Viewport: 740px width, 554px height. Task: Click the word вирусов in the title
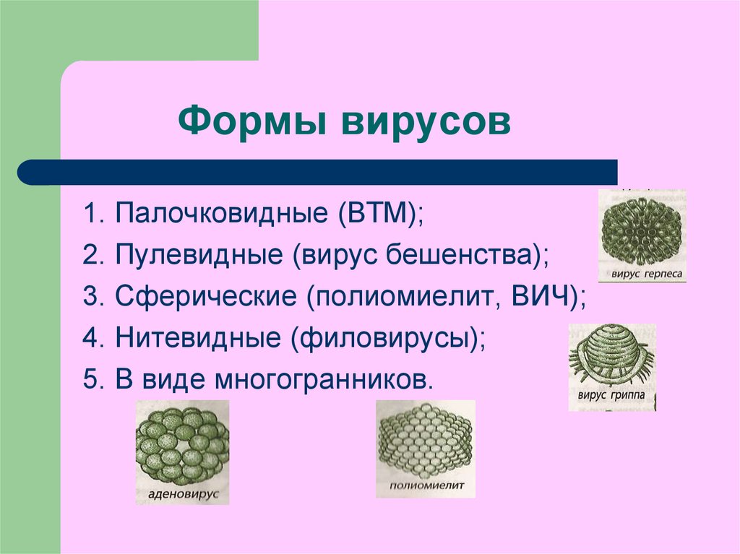click(x=426, y=123)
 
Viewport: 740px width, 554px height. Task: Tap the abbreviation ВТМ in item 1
click(x=379, y=212)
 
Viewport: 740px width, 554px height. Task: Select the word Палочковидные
click(x=221, y=213)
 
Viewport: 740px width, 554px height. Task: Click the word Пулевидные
click(x=199, y=255)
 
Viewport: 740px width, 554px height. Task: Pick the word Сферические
click(x=206, y=297)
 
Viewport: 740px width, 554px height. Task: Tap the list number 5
click(x=93, y=380)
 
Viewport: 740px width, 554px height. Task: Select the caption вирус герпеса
click(x=647, y=274)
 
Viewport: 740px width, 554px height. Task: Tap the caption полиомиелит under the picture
click(x=427, y=485)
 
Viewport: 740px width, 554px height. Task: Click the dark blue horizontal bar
click(x=317, y=172)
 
